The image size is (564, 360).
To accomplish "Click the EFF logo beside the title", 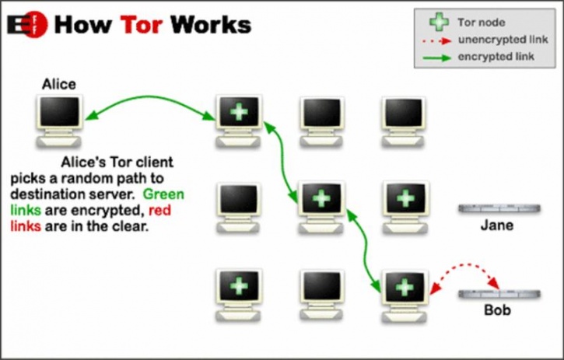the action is (27, 24).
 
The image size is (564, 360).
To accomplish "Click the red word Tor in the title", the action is (142, 24).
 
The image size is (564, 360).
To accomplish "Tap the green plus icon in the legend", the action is (439, 22).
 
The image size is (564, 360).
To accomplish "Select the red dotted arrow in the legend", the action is (436, 41).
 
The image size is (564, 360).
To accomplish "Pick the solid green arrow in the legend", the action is (436, 58).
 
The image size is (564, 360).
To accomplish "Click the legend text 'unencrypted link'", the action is (503, 40).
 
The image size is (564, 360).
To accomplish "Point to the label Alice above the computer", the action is (59, 84).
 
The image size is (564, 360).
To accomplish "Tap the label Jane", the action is (497, 225).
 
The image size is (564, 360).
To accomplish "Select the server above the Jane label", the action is (499, 208).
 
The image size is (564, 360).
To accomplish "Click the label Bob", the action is (497, 310).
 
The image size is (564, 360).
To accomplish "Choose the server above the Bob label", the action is (499, 294).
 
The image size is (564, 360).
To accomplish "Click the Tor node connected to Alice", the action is (239, 121).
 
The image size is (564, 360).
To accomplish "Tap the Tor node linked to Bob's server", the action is (405, 296).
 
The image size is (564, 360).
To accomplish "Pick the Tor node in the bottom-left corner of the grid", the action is (239, 295).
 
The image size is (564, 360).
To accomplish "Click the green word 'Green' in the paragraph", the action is (163, 194).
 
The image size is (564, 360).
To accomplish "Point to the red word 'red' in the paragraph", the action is (159, 210).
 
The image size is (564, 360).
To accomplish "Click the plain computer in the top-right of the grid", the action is (403, 121).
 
